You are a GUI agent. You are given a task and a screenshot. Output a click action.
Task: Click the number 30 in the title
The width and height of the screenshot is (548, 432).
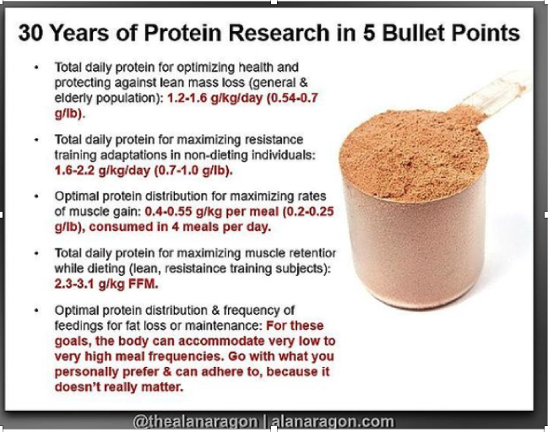coord(30,33)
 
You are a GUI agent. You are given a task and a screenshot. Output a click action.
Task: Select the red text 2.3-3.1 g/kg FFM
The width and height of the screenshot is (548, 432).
coord(106,284)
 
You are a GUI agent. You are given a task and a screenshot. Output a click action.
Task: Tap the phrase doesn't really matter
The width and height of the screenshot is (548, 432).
coord(119,387)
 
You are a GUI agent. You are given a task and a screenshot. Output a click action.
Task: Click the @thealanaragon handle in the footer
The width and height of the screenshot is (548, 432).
coord(195,422)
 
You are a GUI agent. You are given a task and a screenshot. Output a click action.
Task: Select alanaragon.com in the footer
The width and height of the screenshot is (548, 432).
coord(333,422)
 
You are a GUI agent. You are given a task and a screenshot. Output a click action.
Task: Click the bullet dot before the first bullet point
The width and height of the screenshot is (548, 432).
coord(36,67)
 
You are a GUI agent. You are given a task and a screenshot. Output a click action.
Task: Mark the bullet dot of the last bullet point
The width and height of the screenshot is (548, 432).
coord(36,310)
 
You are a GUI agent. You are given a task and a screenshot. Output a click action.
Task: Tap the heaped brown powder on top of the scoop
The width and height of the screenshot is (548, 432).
coord(413,154)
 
